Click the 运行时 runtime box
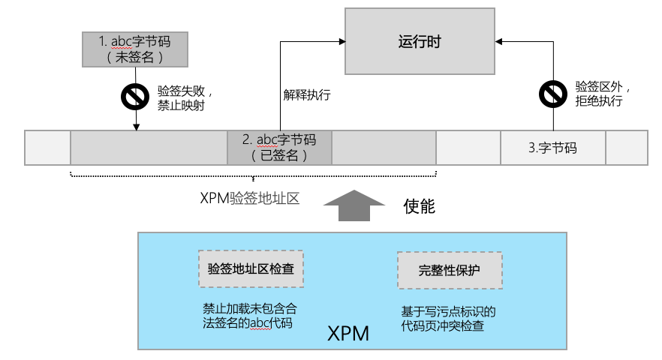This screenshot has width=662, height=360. pos(420,41)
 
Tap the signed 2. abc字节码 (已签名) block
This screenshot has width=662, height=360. pos(278,148)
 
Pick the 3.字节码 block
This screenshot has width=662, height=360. pos(552,148)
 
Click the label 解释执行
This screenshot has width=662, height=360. pos(306,95)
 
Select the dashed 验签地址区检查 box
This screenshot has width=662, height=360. pos(251,269)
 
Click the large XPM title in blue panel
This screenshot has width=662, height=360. pos(348,333)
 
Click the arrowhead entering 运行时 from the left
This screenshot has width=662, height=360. pos(339,42)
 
